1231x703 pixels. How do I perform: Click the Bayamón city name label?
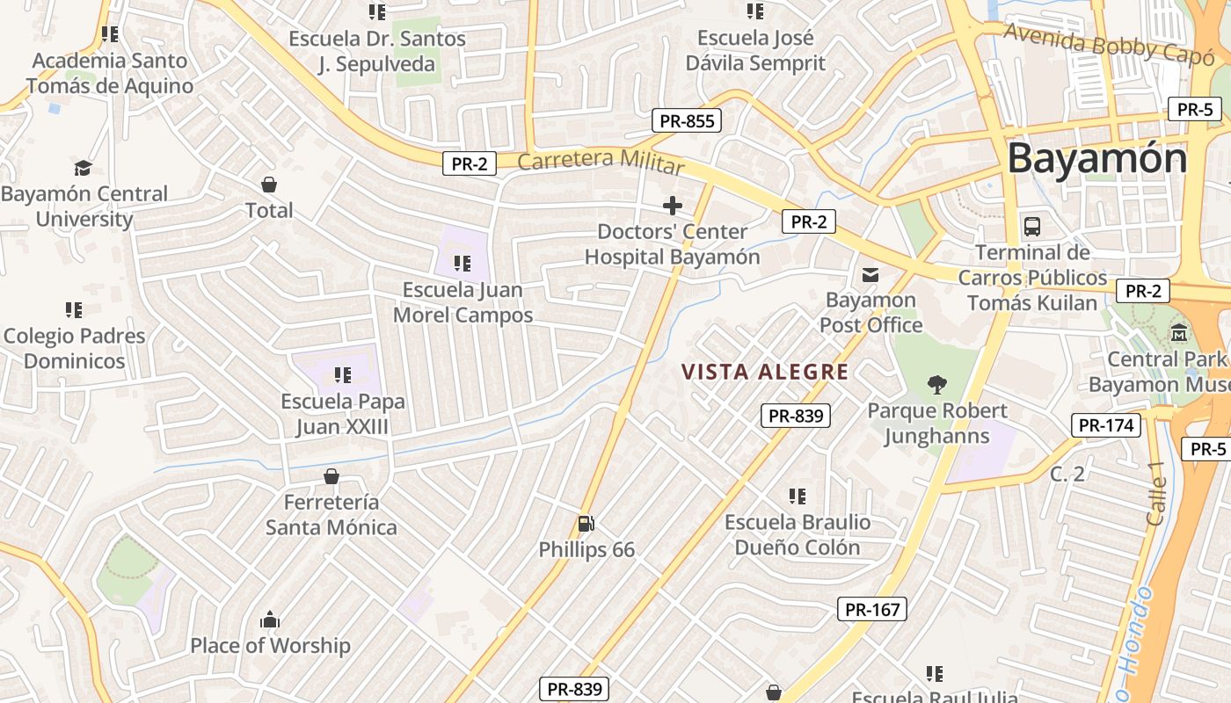point(1096,159)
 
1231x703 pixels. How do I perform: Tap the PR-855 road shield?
point(686,121)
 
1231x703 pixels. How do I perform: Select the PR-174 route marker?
point(1106,425)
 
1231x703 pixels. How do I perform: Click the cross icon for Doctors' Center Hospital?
point(673,207)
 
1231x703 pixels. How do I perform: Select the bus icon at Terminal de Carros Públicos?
point(1032,227)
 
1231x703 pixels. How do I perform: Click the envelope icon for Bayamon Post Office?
point(870,275)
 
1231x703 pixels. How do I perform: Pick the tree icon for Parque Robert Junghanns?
point(937,384)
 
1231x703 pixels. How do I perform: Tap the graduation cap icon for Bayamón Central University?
point(83,168)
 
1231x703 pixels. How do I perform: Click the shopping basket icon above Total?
point(269,185)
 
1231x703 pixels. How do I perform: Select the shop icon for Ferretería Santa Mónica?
point(331,476)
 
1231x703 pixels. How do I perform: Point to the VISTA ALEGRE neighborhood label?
point(765,372)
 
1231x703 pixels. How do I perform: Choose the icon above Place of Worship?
point(270,620)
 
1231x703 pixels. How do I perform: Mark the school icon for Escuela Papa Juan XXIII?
point(342,375)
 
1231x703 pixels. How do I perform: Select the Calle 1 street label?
point(1157,500)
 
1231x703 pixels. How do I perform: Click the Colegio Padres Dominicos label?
point(75,348)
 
